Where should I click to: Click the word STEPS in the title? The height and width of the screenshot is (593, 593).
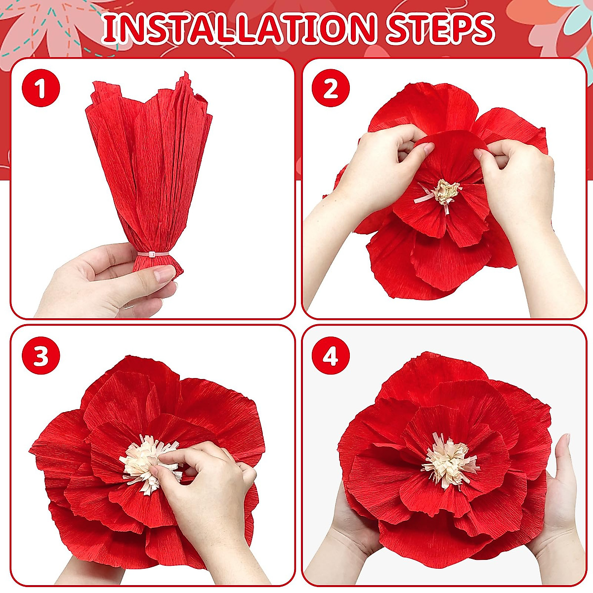(x=440, y=29)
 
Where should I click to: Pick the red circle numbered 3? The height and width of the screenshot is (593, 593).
(x=41, y=356)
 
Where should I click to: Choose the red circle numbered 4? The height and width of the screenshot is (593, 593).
(x=331, y=356)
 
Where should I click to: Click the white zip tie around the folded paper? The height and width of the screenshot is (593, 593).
(x=154, y=254)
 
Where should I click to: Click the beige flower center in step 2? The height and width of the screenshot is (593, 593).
(x=446, y=192)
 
